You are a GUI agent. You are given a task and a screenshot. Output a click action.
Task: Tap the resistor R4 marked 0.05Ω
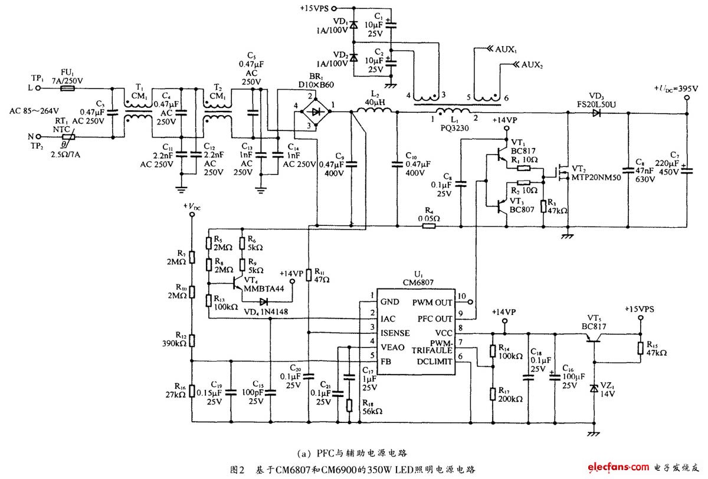click(x=429, y=226)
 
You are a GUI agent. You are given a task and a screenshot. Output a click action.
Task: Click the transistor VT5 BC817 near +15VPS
click(x=593, y=339)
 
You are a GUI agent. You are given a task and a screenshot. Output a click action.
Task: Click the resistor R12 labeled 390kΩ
click(x=191, y=340)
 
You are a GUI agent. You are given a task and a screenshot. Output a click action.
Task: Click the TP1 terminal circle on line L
click(x=38, y=88)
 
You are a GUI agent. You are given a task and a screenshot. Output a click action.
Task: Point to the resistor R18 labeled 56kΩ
click(x=349, y=404)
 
